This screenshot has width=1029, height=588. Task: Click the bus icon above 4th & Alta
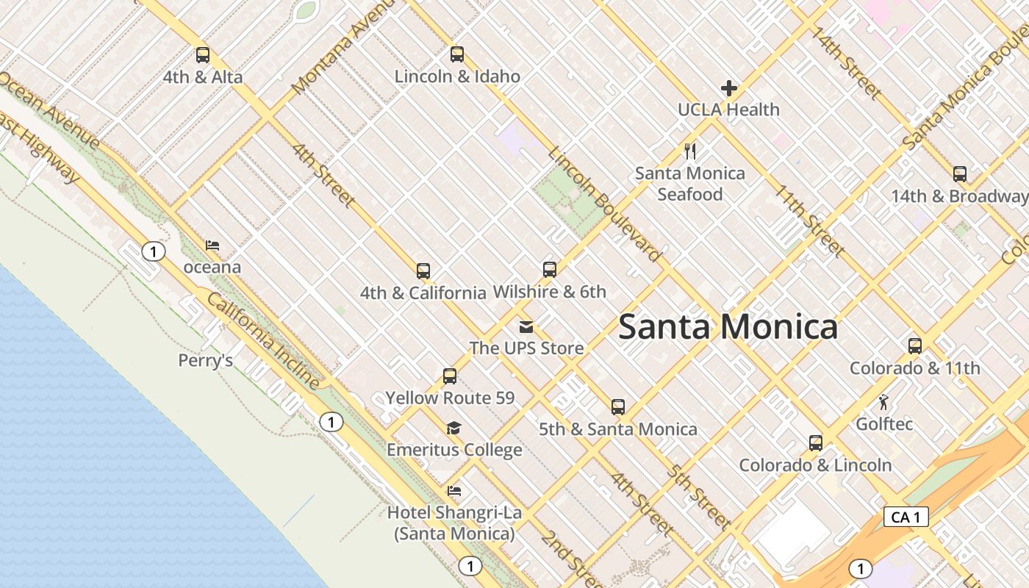click(203, 55)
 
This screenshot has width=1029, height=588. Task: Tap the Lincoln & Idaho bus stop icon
click(457, 54)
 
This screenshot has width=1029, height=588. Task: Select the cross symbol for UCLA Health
click(728, 88)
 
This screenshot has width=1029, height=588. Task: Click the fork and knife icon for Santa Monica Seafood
click(690, 151)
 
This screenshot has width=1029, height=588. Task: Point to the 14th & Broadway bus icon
click(959, 174)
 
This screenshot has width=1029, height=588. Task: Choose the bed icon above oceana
click(212, 245)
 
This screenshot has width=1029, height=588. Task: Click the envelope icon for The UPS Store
click(526, 327)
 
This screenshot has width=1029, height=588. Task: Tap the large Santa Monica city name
click(728, 326)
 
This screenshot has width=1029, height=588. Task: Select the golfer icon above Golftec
click(883, 402)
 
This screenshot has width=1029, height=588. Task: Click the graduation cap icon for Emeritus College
click(454, 428)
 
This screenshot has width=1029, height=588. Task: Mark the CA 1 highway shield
click(906, 517)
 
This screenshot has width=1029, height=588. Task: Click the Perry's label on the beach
click(206, 360)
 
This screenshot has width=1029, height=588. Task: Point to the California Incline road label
click(263, 341)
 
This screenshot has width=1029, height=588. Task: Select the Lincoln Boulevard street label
click(604, 204)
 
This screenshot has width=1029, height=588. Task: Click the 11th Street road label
click(808, 220)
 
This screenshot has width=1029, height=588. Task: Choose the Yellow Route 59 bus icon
click(450, 376)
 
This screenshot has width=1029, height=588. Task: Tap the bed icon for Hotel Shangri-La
click(454, 491)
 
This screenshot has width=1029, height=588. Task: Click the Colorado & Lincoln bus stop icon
click(815, 443)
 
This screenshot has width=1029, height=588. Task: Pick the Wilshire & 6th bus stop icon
click(549, 270)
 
